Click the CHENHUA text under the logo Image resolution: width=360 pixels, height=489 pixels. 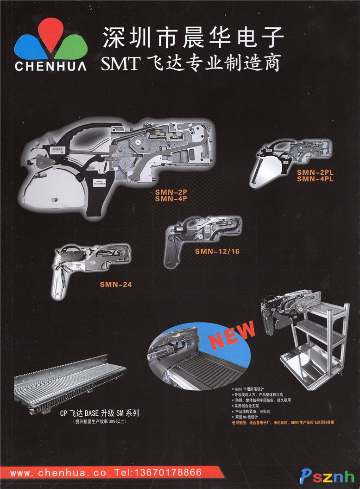click(51, 66)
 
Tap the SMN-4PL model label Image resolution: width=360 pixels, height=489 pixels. click(315, 179)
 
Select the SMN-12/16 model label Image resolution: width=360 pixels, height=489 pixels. click(217, 252)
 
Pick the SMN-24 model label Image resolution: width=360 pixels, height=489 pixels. click(115, 285)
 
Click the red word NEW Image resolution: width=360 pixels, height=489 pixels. click(232, 335)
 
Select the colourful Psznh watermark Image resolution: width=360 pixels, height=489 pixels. click(327, 476)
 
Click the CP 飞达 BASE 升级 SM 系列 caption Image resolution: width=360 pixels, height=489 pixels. click(100, 413)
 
